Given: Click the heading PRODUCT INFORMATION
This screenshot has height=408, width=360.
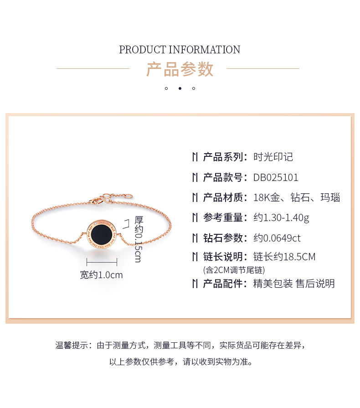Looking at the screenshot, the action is [x=180, y=50].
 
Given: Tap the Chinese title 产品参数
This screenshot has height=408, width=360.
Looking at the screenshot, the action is [x=180, y=69].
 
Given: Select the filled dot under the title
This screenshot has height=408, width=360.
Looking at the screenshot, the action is [x=180, y=88].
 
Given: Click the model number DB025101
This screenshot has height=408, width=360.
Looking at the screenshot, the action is [x=276, y=177].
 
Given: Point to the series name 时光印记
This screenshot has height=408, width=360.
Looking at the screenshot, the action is [x=273, y=157].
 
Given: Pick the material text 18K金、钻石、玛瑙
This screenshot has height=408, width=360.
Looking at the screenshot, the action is [x=297, y=197].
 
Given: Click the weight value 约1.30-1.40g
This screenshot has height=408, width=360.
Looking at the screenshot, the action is [x=281, y=218].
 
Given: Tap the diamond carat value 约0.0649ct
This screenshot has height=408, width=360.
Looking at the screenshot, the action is [x=277, y=238].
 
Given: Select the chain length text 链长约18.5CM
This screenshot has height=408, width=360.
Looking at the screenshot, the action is [x=284, y=257].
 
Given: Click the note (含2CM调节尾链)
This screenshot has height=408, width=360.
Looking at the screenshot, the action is [x=234, y=270].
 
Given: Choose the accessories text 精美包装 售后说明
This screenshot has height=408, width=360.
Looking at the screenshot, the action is [x=294, y=284].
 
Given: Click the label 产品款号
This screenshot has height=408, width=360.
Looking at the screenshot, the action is [x=223, y=177].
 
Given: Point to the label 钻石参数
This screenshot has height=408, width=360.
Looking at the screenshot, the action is [x=223, y=238].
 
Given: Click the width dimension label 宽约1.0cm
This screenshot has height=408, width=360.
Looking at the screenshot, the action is [x=101, y=275].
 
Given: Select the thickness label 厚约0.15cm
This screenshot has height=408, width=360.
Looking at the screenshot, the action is [x=139, y=239].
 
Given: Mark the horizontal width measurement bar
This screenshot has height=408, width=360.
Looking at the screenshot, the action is [x=102, y=262].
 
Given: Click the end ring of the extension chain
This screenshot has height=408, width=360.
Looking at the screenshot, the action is [x=129, y=196].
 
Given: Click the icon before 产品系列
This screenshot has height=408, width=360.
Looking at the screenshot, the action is [x=195, y=157].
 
